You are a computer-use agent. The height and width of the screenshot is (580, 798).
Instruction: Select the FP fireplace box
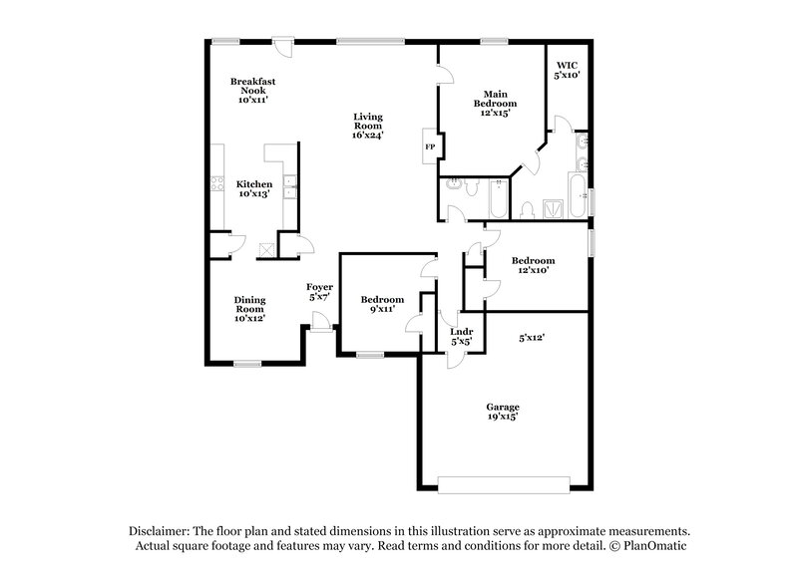430,146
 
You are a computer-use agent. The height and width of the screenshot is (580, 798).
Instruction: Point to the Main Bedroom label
494,104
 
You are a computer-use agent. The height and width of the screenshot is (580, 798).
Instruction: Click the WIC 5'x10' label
567,69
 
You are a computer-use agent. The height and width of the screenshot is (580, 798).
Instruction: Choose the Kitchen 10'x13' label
254,189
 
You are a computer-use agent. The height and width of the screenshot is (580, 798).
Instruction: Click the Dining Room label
249,309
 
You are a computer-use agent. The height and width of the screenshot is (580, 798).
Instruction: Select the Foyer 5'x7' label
319,292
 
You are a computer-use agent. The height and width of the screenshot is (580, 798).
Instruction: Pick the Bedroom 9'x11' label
382,304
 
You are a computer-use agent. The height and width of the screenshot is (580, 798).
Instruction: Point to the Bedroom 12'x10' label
533,265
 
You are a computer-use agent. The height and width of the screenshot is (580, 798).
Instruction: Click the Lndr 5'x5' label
461,336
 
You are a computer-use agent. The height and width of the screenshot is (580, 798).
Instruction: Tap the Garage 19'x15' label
503,412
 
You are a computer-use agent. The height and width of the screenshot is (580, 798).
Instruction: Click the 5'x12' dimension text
532,338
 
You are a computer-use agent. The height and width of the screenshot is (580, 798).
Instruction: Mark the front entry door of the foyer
321,321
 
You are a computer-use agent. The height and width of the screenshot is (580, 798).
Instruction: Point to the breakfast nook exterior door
283,43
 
